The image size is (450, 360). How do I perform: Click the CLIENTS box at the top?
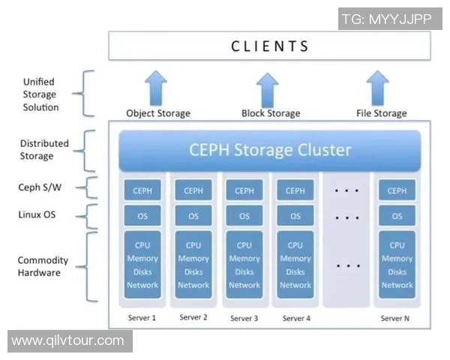[270, 46]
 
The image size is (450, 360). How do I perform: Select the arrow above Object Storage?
[157, 88]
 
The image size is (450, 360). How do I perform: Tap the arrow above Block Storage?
[268, 88]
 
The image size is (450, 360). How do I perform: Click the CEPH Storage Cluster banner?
[270, 149]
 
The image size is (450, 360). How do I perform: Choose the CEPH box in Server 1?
[142, 190]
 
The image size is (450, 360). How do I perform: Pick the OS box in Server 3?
[244, 216]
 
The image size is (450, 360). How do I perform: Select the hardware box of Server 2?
[193, 265]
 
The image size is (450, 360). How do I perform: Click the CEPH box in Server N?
[397, 190]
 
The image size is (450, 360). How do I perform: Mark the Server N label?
[396, 318]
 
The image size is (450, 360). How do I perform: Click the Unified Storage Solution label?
[40, 94]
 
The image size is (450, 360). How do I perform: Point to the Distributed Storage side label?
[44, 150]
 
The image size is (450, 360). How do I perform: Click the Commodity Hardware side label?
[43, 266]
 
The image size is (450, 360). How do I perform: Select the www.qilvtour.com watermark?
[68, 341]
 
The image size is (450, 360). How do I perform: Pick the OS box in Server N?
[397, 216]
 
